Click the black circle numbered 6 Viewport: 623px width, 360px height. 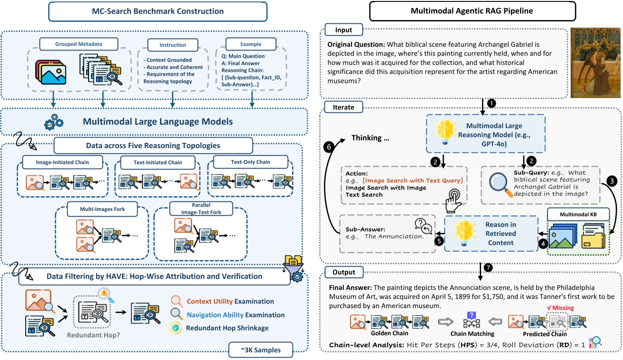coord(328,147)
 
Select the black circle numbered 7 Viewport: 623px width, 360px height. coord(487,267)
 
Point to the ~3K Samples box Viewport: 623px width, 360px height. coord(260,350)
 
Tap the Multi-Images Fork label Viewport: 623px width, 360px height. coord(96,209)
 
